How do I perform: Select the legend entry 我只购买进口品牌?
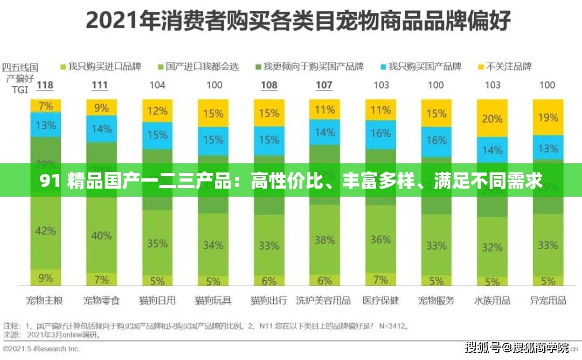click(x=100, y=67)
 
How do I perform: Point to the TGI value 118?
click(x=44, y=85)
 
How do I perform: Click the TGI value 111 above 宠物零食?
click(x=100, y=85)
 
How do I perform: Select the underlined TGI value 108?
click(x=269, y=85)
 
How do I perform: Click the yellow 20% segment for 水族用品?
click(x=492, y=119)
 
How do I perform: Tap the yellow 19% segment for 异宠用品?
click(x=548, y=117)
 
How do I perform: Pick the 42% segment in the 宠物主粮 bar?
click(x=45, y=231)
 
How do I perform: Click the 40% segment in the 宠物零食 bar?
click(x=101, y=236)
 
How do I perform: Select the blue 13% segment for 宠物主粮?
click(x=45, y=125)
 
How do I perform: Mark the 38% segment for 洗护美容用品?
click(x=324, y=239)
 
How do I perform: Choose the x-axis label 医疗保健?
click(x=380, y=300)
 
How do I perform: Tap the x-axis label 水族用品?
click(x=492, y=300)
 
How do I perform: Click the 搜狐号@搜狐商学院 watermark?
click(x=516, y=348)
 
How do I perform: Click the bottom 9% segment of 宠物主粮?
click(x=45, y=278)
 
